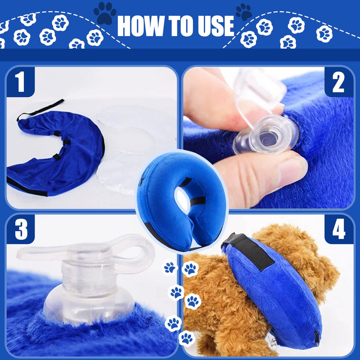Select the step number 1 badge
(21, 82)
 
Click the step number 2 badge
(339, 82)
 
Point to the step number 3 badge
(21, 229)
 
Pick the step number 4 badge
(339, 229)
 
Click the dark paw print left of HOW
(105, 13)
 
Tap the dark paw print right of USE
(244, 12)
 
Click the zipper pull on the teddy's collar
(317, 339)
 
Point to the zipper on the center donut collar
(140, 181)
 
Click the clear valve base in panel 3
(88, 303)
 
